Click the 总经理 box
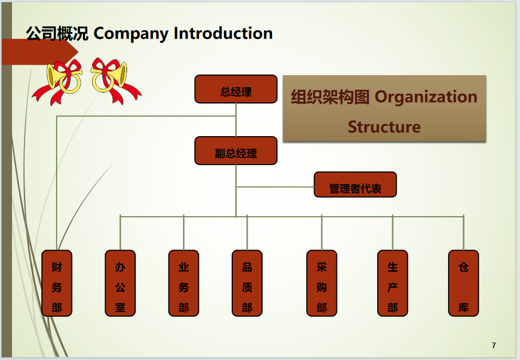tap(235, 89)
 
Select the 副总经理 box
tap(235, 151)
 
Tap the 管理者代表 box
tap(355, 185)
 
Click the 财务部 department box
tap(57, 283)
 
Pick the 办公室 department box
tap(120, 283)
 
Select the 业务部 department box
tap(184, 283)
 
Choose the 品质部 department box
tap(247, 283)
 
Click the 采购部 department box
tap(322, 283)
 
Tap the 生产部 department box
tap(392, 283)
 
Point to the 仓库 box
tap(463, 283)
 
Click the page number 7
tap(494, 345)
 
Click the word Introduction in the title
tap(223, 33)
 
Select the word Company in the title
tap(131, 33)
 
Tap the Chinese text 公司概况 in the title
tap(57, 33)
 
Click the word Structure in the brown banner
tap(384, 127)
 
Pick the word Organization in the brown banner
tap(426, 97)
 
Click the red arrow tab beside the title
tap(38, 52)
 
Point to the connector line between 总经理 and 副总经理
tap(236, 120)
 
